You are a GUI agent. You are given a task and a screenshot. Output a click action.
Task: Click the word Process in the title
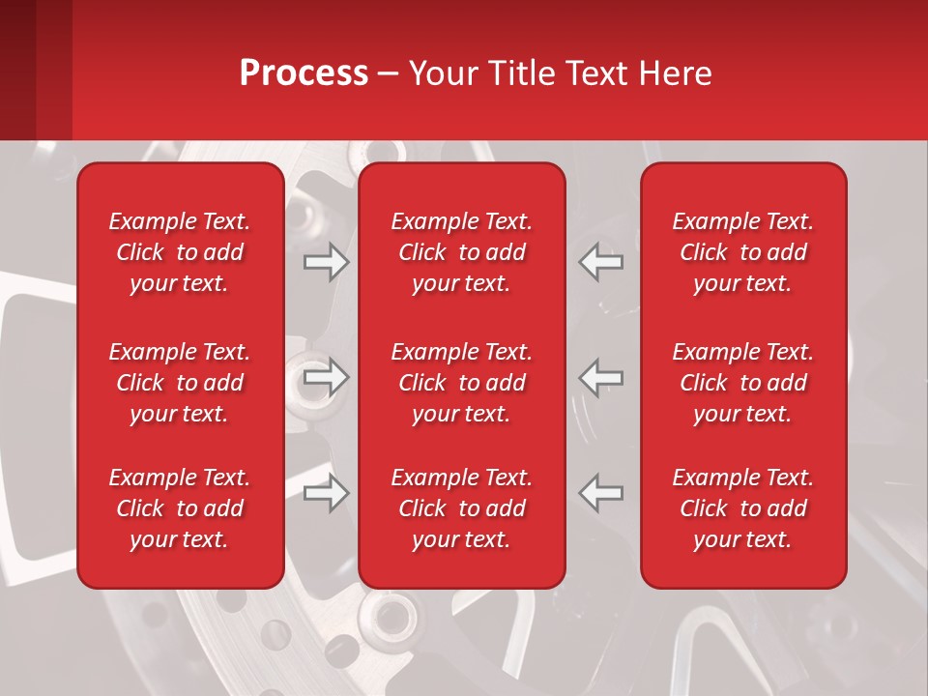coord(304,73)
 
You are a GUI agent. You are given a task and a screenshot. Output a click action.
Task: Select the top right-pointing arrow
coord(326,262)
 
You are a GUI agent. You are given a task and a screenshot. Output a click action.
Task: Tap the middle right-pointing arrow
coord(326,377)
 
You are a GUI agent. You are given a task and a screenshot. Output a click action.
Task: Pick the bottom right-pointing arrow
coord(326,493)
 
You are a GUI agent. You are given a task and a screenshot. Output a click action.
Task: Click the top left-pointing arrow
coord(601,262)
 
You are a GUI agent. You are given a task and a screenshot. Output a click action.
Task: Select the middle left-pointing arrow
coord(601,377)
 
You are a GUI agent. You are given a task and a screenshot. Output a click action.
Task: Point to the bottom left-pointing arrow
coord(601,493)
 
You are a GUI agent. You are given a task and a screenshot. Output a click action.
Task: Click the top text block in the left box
coord(180,252)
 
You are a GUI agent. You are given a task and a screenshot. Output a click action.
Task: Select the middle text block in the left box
coord(180,383)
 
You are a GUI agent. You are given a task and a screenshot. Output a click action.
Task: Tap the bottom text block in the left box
coord(180,508)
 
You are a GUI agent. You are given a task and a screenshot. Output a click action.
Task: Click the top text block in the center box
coord(461,252)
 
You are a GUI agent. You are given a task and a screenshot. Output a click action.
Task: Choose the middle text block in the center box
coord(461,383)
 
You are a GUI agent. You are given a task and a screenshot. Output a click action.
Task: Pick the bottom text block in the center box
coord(461,508)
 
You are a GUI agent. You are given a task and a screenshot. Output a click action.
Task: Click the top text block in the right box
coord(742,252)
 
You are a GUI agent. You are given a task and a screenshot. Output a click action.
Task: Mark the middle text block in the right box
coord(742,383)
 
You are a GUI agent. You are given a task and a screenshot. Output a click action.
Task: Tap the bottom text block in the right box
coord(742,508)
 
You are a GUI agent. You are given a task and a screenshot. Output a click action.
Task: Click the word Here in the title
coord(677,73)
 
